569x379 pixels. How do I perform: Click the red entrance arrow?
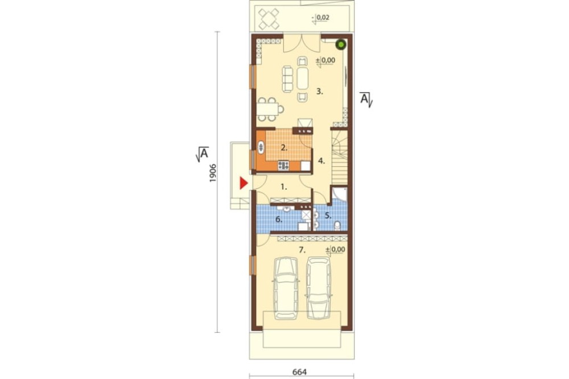(x=243, y=183)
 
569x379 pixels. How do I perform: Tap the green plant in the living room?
(x=341, y=44)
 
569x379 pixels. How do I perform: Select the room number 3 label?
(x=319, y=92)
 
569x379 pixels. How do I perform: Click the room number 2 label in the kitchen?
(x=284, y=148)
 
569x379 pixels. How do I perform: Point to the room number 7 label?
(x=302, y=250)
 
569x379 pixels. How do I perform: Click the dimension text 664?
(x=299, y=372)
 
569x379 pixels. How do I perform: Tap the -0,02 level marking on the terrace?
(x=321, y=18)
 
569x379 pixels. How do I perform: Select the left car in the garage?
(x=286, y=288)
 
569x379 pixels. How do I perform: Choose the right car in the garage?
(x=319, y=288)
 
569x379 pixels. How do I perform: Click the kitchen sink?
(x=261, y=147)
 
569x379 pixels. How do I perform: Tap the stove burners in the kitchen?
(x=283, y=166)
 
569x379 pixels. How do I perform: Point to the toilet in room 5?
(x=337, y=226)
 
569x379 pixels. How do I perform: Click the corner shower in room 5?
(x=340, y=195)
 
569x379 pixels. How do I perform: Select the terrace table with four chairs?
(x=269, y=19)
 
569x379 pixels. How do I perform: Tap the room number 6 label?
(x=279, y=219)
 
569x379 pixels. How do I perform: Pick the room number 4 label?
(x=321, y=160)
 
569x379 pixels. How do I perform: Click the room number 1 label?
(x=284, y=187)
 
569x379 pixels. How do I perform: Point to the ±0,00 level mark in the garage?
(x=335, y=250)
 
